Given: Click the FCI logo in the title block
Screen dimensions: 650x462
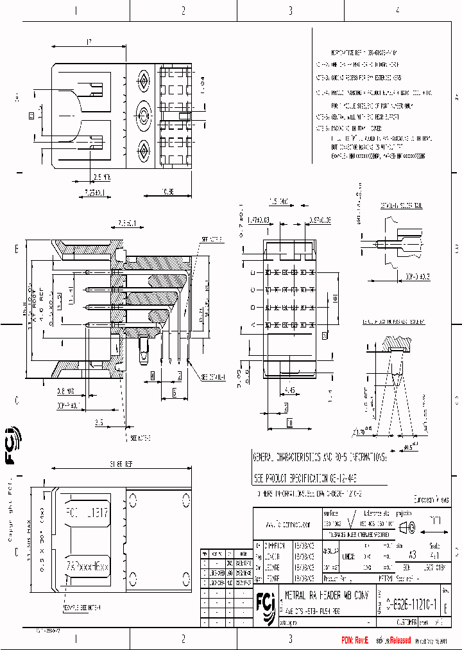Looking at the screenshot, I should tap(266, 604).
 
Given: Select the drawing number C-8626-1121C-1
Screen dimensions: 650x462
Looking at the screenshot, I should tap(411, 604).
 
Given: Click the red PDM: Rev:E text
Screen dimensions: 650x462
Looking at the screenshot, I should tap(355, 640).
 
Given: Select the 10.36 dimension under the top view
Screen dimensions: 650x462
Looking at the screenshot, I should tap(167, 191).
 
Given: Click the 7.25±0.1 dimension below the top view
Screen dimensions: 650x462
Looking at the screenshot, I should tap(94, 191).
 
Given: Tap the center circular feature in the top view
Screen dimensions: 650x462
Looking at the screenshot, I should tap(142, 116).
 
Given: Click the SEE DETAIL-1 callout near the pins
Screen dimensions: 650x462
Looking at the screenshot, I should tap(214, 377).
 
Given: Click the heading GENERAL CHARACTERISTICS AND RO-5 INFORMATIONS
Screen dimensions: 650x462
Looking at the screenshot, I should tap(320, 457).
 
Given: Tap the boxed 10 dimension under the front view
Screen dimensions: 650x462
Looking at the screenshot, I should tap(289, 424).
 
